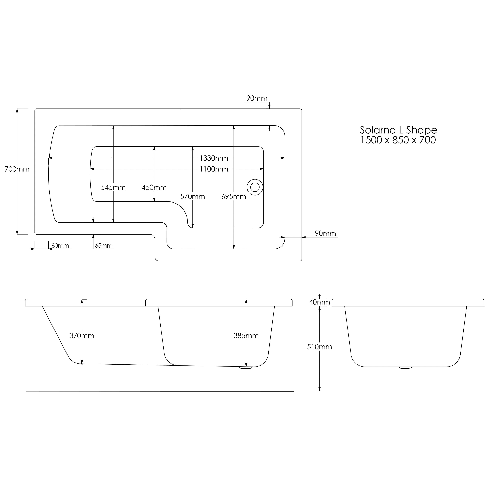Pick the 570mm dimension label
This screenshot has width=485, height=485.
point(192,197)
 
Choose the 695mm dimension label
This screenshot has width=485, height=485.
point(234,197)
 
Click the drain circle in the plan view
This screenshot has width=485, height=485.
point(255,187)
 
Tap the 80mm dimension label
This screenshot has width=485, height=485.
point(60,245)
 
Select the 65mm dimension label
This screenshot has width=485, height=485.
point(104,245)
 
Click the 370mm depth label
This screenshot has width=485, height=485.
point(82,336)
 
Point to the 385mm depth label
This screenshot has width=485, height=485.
point(246,336)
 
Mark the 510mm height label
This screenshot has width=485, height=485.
point(320,347)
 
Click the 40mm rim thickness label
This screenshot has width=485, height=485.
point(320,302)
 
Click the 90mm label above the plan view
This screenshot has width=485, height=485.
point(257,98)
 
